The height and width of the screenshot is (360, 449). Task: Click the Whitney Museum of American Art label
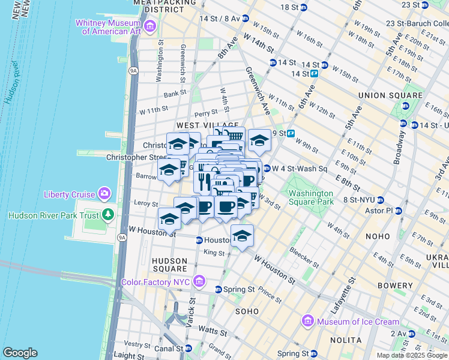pyautogui.click(x=106, y=26)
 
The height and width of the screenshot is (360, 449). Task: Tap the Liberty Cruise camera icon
pyautogui.click(x=105, y=194)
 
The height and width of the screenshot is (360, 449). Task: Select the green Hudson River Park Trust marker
pyautogui.click(x=108, y=214)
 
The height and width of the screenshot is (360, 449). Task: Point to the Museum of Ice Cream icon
pyautogui.click(x=309, y=321)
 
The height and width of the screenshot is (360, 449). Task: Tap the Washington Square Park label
pyautogui.click(x=310, y=197)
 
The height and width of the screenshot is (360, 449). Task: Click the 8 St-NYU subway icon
pyautogui.click(x=388, y=200)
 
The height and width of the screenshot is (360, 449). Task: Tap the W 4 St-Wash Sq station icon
pyautogui.click(x=266, y=169)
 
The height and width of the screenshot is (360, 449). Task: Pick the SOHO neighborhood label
pyautogui.click(x=247, y=311)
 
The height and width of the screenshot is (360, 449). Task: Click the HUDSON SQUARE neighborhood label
pyautogui.click(x=169, y=265)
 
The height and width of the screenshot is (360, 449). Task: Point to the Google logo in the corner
pyautogui.click(x=20, y=353)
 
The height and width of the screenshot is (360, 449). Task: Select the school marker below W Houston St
pyautogui.click(x=242, y=235)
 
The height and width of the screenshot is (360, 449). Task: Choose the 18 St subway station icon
pyautogui.click(x=304, y=7)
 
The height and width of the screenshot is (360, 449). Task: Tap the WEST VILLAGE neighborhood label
pyautogui.click(x=200, y=124)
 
